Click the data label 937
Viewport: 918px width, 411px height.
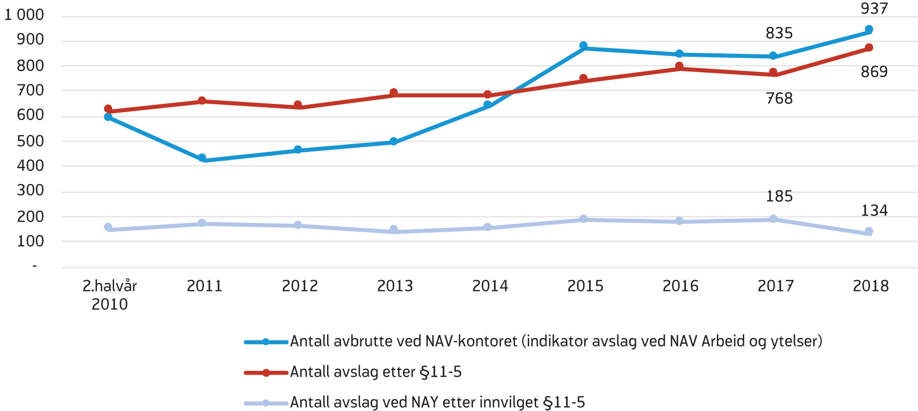coord(874,9)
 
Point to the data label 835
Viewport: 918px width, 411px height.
coord(779,33)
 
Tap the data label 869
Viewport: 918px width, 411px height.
coord(874,72)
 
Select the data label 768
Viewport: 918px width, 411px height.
coord(779,98)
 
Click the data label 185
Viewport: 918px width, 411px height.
coord(779,196)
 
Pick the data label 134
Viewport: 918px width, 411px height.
coord(874,211)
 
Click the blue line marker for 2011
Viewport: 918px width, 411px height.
coord(202,158)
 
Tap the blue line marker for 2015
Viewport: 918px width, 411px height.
coord(583,46)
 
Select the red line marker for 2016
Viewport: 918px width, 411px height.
coord(679,66)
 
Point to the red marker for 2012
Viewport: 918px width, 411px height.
coord(298,105)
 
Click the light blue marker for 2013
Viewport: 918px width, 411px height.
coord(394,229)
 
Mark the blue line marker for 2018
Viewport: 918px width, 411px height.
coord(869,29)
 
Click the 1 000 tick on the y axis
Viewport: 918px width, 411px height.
coord(24,15)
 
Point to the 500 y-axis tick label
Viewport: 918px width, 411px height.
coord(30,141)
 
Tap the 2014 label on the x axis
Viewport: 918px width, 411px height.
coord(490,286)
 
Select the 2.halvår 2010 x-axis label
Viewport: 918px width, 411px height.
coord(110,295)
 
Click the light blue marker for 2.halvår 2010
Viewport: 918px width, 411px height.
coord(108,227)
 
